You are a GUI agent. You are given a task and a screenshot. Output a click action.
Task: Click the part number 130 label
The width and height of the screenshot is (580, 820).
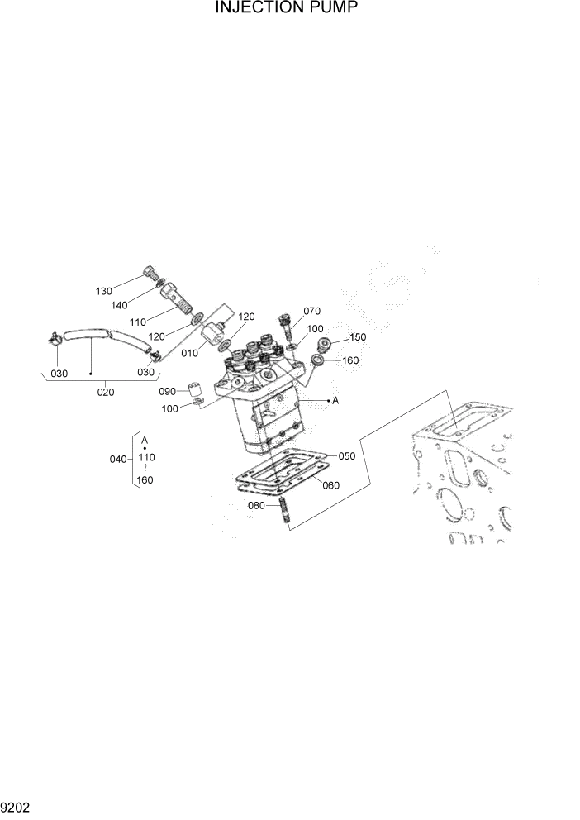coord(103,291)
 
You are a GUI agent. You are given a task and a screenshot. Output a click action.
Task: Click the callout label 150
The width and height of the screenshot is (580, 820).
coord(357,336)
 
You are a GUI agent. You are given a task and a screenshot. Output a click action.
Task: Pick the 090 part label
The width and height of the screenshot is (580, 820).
coord(168,391)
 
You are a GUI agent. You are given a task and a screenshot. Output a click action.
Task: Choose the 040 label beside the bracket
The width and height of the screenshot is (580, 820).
coord(119,459)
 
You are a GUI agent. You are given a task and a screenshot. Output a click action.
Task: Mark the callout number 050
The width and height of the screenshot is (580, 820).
coord(346,455)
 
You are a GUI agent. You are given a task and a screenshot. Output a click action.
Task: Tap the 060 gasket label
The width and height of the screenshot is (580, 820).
coord(330,485)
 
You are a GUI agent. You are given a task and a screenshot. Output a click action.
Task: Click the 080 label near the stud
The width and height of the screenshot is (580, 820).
coord(257,505)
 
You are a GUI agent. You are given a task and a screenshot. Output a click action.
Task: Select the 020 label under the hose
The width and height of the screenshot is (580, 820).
coord(106,392)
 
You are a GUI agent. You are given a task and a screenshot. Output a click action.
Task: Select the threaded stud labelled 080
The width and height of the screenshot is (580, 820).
coord(282,509)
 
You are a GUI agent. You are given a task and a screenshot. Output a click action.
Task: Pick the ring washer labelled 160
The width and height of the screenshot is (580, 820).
coord(319,360)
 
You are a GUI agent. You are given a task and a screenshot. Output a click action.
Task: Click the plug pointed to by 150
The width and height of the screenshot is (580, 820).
coord(324,343)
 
